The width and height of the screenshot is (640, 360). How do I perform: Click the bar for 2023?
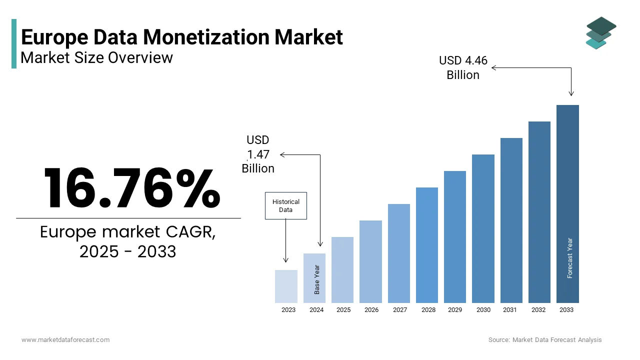(286, 286)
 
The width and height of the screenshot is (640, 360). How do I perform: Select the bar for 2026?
(370, 261)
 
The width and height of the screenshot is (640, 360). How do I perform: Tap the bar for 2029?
(455, 237)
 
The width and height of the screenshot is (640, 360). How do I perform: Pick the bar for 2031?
(511, 220)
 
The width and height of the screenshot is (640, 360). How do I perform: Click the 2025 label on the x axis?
(343, 310)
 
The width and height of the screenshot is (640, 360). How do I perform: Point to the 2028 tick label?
(428, 310)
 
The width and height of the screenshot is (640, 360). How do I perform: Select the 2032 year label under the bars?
(538, 310)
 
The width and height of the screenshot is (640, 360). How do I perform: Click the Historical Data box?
(285, 205)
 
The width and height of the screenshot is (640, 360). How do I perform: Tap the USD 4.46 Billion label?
(463, 67)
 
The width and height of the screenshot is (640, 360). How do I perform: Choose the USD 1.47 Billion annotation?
(258, 154)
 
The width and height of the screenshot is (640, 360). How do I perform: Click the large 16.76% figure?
(131, 188)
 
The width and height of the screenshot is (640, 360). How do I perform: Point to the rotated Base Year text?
(317, 279)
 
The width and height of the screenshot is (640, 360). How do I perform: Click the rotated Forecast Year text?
(570, 258)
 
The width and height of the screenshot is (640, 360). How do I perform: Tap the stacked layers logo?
(600, 33)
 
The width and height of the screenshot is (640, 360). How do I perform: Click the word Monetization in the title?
(253, 37)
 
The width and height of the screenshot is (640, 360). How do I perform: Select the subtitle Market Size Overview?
(96, 57)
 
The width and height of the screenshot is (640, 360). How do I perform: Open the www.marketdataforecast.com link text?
(65, 339)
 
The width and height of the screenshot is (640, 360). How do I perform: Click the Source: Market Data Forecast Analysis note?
(545, 339)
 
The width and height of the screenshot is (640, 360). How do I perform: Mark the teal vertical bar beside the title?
(14, 43)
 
